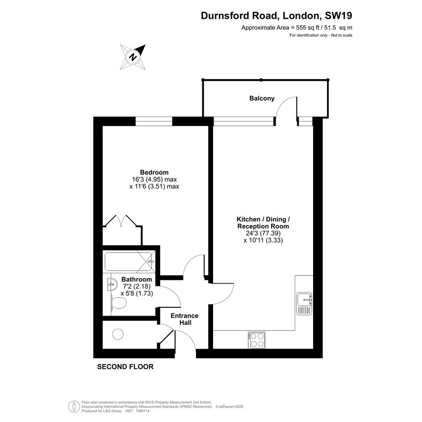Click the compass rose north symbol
tap(133, 57)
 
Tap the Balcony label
tap(262, 98)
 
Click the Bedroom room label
tap(154, 172)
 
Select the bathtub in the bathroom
tap(130, 261)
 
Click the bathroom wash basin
tap(112, 284)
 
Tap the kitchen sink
tap(305, 304)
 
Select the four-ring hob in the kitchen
tap(257, 340)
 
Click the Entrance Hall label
tap(184, 319)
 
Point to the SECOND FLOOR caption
tap(125, 367)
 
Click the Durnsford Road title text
tap(239, 16)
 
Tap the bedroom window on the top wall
tap(154, 121)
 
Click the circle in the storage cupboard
tap(118, 334)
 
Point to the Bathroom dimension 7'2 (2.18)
tap(136, 286)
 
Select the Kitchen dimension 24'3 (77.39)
tap(263, 233)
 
